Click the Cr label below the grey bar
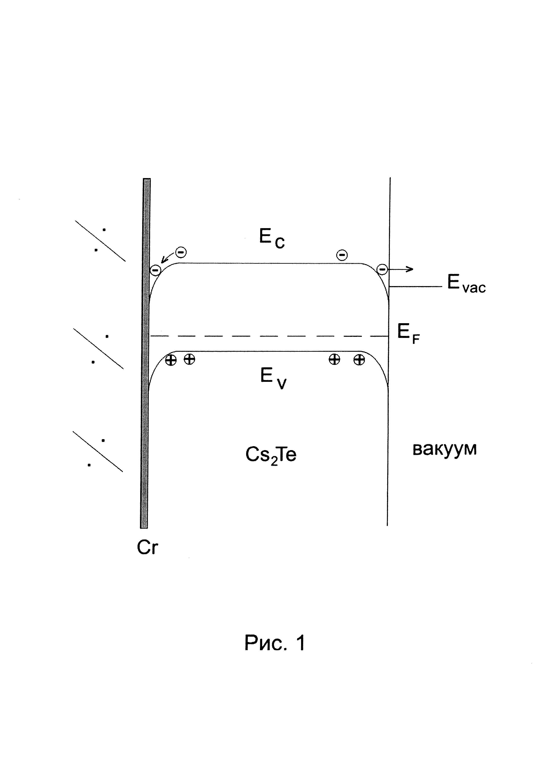[x=147, y=548]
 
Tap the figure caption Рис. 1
[x=274, y=643]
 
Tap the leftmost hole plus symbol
[x=171, y=360]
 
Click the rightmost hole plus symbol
[x=359, y=360]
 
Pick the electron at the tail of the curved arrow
[x=181, y=252]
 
